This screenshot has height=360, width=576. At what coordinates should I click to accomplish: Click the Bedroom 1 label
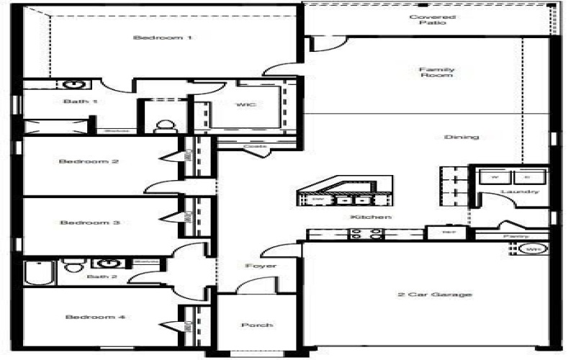tap(163, 37)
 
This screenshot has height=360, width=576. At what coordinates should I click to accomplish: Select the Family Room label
tap(437, 72)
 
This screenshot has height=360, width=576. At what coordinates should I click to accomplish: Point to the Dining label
tap(462, 137)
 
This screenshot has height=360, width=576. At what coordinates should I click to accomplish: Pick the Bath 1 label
tap(80, 102)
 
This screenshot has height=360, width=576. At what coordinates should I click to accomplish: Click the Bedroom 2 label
tap(89, 161)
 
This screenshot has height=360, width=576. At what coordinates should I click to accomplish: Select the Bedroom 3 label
tap(89, 222)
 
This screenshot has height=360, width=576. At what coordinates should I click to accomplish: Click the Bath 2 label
tap(97, 276)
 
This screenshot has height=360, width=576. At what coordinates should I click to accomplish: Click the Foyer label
tap(261, 266)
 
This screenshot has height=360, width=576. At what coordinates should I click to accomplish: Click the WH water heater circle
tap(533, 249)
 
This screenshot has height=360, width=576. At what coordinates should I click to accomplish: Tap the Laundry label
tap(520, 192)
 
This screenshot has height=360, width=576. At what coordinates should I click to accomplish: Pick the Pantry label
tap(516, 236)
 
